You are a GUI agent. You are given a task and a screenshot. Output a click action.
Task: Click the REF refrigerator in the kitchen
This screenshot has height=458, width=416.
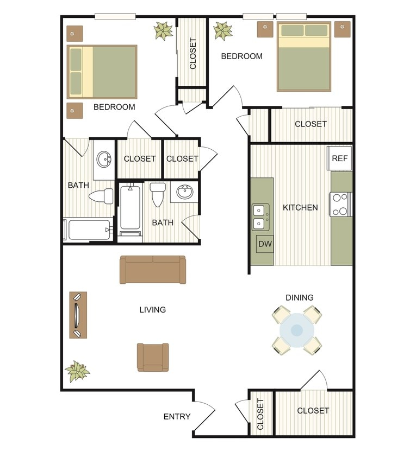pyautogui.click(x=340, y=158)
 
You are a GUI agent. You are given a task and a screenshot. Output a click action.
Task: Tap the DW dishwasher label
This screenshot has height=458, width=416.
pyautogui.click(x=265, y=244)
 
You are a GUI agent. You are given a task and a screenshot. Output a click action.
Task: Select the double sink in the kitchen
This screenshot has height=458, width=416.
pyautogui.click(x=260, y=216)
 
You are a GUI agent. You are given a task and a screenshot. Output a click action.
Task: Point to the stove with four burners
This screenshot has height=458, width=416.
pyautogui.click(x=340, y=205)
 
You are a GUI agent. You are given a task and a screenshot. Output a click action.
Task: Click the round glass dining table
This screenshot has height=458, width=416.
pyautogui.click(x=297, y=330)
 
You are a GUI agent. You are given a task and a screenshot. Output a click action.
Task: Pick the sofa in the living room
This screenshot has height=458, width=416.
pyautogui.click(x=153, y=269)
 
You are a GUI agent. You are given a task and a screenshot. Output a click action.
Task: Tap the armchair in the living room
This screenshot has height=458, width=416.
pyautogui.click(x=153, y=357)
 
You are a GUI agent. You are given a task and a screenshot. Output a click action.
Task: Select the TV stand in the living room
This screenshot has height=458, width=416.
pyautogui.click(x=78, y=315)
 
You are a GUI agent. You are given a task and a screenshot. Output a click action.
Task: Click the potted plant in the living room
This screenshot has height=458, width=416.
pyautogui.click(x=77, y=372)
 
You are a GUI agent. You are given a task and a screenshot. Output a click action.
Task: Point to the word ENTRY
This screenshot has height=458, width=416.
pyautogui.click(x=177, y=417)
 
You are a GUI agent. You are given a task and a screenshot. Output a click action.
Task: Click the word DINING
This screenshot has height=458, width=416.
pyautogui.click(x=300, y=297)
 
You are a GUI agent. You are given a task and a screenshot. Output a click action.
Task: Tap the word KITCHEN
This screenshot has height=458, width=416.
pyautogui.click(x=300, y=207)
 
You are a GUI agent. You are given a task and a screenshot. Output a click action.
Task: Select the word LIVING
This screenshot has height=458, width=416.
pyautogui.click(x=152, y=310)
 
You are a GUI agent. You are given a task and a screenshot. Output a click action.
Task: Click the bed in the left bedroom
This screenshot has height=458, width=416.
pyautogui.click(x=102, y=72)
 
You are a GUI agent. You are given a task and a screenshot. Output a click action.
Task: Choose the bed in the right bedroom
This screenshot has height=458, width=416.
pyautogui.click(x=303, y=56)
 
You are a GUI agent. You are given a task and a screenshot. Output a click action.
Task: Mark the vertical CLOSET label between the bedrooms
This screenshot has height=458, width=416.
pyautogui.click(x=193, y=53)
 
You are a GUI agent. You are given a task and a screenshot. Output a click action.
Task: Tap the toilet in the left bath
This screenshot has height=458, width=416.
pyautogui.click(x=101, y=196)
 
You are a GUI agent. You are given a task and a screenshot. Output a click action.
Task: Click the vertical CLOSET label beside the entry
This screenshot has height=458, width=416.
pyautogui.click(x=260, y=414)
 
